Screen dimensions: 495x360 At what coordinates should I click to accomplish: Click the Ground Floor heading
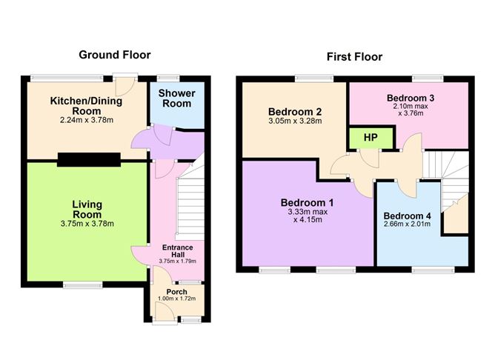115,55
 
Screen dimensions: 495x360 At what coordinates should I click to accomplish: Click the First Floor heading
354,57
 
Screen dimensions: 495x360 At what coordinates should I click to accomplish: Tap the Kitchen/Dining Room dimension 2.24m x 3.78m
87,120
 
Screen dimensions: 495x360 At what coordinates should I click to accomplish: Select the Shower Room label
177,99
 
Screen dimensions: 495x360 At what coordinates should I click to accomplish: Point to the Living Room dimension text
87,224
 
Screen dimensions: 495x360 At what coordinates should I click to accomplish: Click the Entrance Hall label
177,251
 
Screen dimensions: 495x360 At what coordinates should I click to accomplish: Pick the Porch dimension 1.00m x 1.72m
177,299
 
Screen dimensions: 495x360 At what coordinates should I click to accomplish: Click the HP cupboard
371,138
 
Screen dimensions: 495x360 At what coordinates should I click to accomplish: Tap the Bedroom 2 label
295,112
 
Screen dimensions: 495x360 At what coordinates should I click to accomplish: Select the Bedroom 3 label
411,98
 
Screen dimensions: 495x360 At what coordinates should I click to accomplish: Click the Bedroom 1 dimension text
308,216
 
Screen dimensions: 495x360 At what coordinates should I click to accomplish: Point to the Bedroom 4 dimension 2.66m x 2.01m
407,224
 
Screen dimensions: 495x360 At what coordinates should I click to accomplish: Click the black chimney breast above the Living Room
89,160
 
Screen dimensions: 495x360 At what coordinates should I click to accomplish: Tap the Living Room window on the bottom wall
83,285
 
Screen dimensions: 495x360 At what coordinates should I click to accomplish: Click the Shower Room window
168,78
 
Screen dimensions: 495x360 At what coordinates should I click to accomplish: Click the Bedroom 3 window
428,78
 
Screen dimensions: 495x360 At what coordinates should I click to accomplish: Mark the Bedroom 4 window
433,270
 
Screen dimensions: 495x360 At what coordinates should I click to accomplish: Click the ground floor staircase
190,202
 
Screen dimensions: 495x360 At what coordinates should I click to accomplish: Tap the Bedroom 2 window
314,78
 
